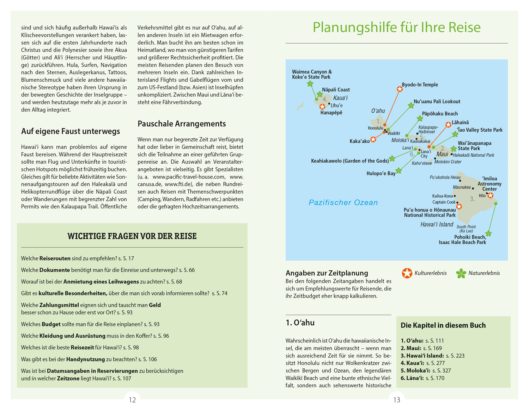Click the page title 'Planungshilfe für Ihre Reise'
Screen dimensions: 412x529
tap(396, 27)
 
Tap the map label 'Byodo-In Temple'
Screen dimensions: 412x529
tap(420, 85)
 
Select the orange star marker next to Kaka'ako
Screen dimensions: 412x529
tap(373, 139)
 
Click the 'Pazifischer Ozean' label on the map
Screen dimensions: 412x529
tap(343, 202)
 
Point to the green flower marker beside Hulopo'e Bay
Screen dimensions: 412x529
tap(399, 171)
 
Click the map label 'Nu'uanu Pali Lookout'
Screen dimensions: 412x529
tap(437, 102)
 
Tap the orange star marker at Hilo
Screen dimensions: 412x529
tap(490, 195)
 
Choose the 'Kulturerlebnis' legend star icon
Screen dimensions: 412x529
tap(407, 273)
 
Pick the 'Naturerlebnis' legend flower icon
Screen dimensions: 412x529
tap(461, 273)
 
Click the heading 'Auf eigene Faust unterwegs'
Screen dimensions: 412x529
tap(71, 131)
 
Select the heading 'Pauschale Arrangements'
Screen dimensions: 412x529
tap(182, 124)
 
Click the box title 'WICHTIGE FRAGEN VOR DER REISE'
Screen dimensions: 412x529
tap(132, 236)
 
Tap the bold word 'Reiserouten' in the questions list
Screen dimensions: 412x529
tap(55, 258)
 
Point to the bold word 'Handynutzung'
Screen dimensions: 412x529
tap(86, 360)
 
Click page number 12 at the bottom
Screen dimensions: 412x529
tap(132, 400)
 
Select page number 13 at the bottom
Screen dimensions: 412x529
tap(397, 400)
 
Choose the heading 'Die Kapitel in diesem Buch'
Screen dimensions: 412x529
tap(443, 326)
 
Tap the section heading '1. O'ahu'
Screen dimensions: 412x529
tap(300, 323)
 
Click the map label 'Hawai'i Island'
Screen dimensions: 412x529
tap(437, 225)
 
